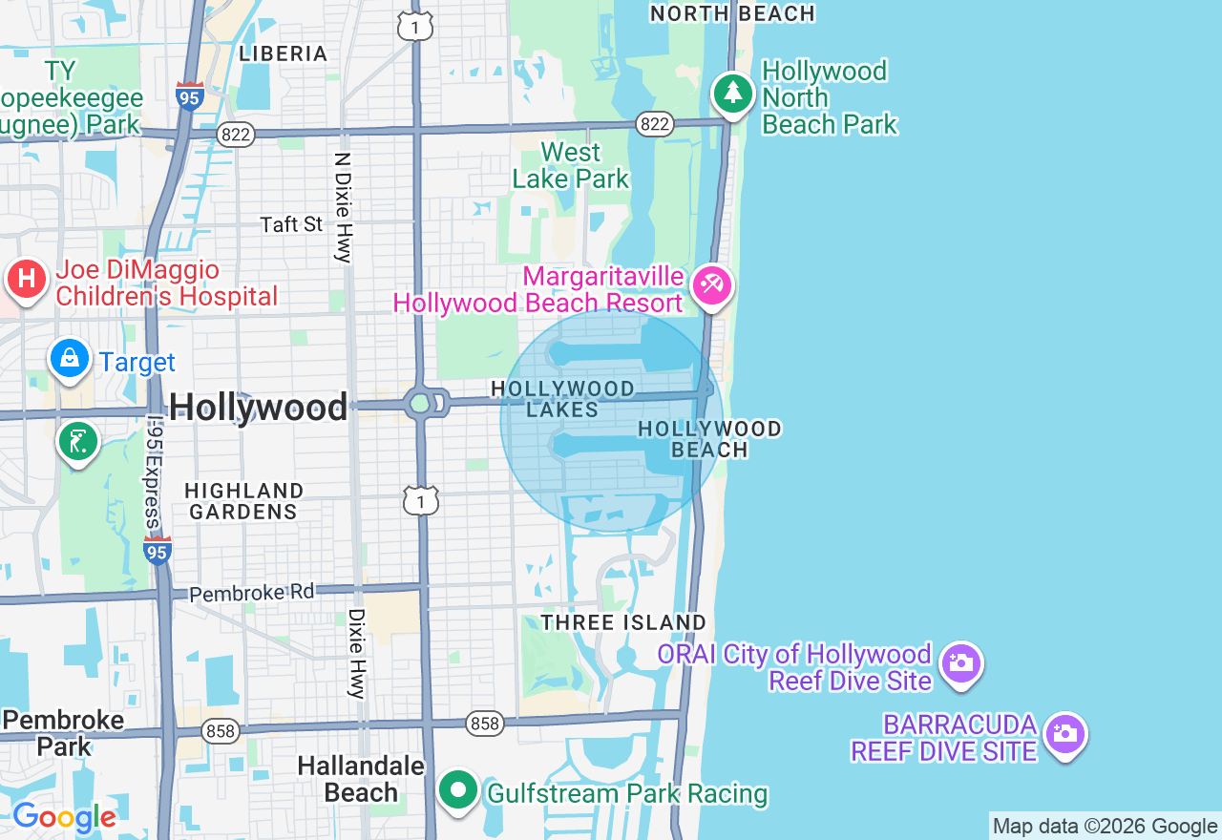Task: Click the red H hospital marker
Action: pyautogui.click(x=28, y=280)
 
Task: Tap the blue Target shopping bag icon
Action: pyautogui.click(x=70, y=359)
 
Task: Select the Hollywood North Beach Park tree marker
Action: pyautogui.click(x=732, y=93)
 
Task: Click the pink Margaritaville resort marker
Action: pyautogui.click(x=712, y=284)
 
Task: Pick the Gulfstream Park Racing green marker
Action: pyautogui.click(x=459, y=790)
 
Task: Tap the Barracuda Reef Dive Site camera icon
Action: pyautogui.click(x=1064, y=734)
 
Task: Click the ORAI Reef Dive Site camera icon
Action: pyautogui.click(x=960, y=662)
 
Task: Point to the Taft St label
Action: pyautogui.click(x=292, y=224)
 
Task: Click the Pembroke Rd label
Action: pyautogui.click(x=251, y=593)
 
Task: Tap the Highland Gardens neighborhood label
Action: pyautogui.click(x=243, y=501)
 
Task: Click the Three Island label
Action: pyautogui.click(x=623, y=622)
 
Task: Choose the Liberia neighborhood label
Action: pyautogui.click(x=284, y=53)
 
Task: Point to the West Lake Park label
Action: pyautogui.click(x=571, y=165)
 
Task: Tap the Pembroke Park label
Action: pyautogui.click(x=63, y=732)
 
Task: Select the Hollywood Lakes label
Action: pyautogui.click(x=562, y=399)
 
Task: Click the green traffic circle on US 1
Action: pyautogui.click(x=420, y=403)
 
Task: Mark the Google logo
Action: pyautogui.click(x=64, y=817)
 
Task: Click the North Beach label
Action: pyautogui.click(x=732, y=13)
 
